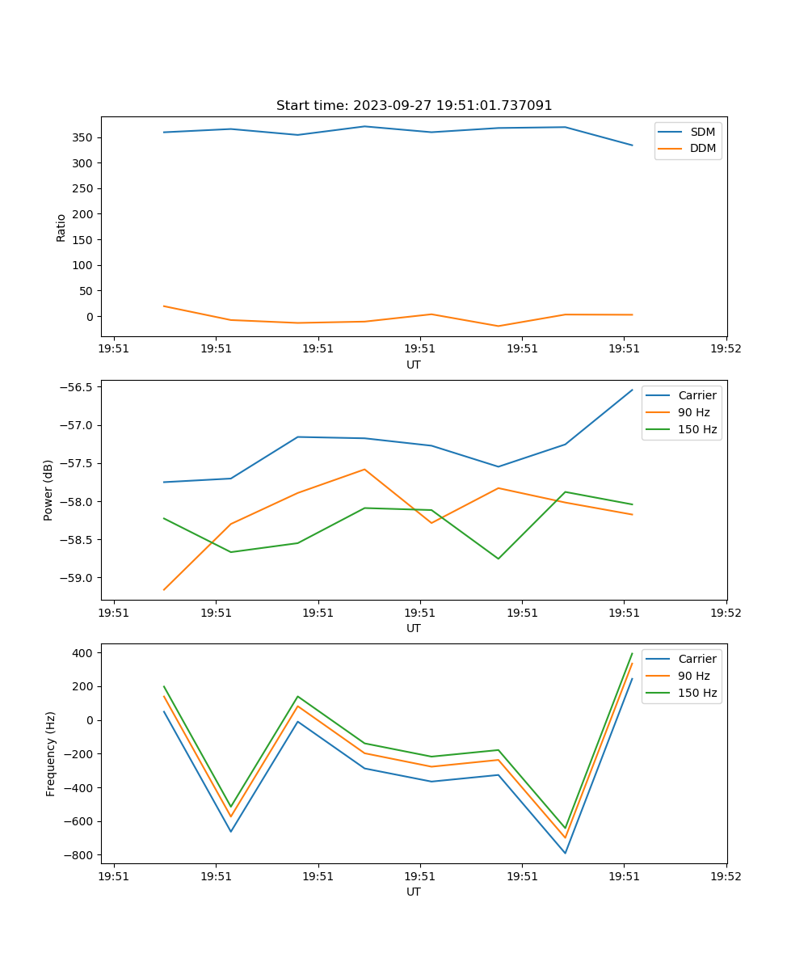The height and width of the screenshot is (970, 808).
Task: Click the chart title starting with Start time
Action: tap(414, 106)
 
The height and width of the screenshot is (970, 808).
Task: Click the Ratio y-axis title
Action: tap(61, 228)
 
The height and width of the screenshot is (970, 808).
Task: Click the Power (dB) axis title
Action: tap(48, 490)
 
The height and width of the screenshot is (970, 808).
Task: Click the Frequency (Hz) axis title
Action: tap(51, 754)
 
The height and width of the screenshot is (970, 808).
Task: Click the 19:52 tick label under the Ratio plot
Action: tap(726, 349)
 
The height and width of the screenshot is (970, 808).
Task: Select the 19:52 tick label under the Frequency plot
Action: tap(726, 876)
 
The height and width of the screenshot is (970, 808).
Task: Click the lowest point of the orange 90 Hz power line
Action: tap(164, 590)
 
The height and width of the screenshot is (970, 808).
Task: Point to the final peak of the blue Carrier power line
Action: tap(632, 390)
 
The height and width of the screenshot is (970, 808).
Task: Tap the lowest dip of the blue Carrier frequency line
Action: tap(565, 853)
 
